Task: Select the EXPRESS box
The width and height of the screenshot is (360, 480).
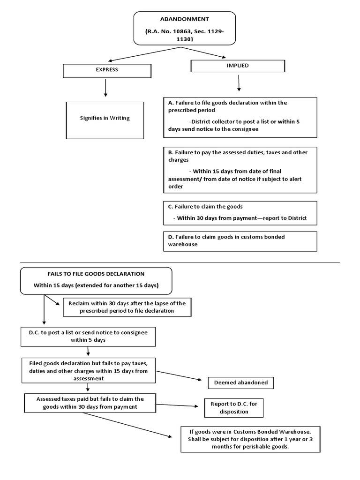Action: [107, 70]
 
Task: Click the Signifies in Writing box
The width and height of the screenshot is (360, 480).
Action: [105, 120]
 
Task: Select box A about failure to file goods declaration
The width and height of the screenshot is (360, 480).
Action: [240, 117]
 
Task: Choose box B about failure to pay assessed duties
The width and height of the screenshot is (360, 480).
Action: [240, 170]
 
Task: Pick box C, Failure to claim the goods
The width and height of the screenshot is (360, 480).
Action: [240, 213]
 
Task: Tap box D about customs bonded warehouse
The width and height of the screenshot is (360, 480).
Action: [240, 241]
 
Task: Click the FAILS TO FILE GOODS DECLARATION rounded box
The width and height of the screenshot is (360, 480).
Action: [96, 280]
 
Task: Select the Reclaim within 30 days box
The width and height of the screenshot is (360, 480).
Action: [127, 307]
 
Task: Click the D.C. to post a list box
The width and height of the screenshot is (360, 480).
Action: [89, 336]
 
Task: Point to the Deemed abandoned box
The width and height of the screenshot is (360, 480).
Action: [240, 382]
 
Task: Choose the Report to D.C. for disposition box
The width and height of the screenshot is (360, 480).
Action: [233, 408]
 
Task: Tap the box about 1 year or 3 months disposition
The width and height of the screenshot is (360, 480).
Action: [250, 439]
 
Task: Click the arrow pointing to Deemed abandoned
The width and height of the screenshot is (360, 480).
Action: [180, 376]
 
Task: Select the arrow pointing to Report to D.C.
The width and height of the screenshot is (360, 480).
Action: [178, 405]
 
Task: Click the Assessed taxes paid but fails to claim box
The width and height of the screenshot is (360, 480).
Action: [90, 403]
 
